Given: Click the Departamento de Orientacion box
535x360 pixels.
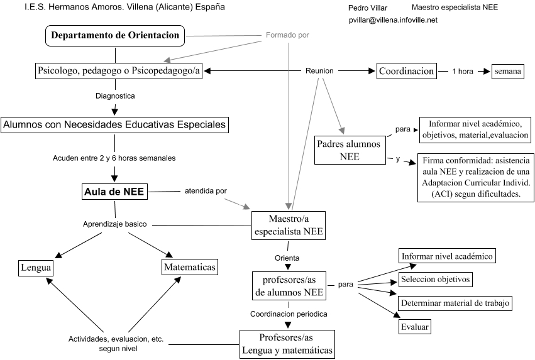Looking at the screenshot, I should (115, 35).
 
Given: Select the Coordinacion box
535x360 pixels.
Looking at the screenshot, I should (406, 71).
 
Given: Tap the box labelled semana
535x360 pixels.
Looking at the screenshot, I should (507, 71).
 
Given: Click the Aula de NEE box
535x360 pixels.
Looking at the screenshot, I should (115, 192).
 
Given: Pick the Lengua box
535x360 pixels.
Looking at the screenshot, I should (35, 268).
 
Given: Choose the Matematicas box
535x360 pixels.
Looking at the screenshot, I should (189, 268).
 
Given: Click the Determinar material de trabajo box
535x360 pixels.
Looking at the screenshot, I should (455, 303).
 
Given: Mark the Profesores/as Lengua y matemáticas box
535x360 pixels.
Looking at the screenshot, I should (286, 344).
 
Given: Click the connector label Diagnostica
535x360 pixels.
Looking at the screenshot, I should (115, 96).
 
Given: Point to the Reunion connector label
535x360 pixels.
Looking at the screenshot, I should (319, 71).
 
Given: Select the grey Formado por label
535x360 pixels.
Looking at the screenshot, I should (287, 35).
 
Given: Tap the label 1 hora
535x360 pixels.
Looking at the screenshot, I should (462, 71).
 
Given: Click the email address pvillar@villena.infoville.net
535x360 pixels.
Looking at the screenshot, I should (393, 20).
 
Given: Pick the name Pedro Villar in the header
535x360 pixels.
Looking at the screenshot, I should (368, 8).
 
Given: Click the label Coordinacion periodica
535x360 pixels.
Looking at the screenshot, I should (289, 312).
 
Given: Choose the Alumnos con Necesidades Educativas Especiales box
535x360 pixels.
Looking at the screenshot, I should (114, 124).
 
